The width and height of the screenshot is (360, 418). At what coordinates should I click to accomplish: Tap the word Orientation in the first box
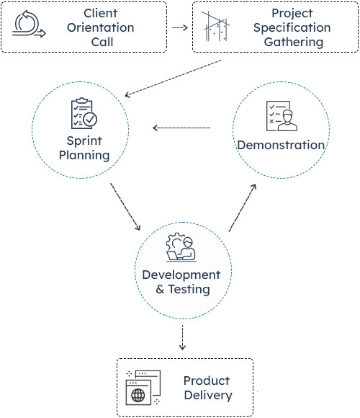click(101, 27)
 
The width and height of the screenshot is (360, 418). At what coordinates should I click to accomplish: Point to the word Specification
click(292, 28)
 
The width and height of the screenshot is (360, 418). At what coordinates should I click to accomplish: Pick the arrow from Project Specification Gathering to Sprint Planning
click(174, 79)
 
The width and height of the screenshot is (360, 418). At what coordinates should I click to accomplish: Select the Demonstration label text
click(281, 145)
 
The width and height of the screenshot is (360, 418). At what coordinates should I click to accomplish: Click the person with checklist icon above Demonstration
click(281, 115)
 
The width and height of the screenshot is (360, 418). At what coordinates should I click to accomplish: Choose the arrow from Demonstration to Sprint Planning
click(181, 129)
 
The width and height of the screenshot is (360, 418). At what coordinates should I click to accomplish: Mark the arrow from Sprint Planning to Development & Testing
click(125, 208)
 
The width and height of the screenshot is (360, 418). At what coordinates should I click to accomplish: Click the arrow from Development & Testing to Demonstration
click(241, 208)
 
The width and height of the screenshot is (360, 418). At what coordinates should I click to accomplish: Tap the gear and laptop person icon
click(181, 246)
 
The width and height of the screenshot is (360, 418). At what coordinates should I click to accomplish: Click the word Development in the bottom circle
click(181, 275)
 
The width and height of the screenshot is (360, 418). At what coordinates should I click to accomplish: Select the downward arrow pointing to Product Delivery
click(182, 338)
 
